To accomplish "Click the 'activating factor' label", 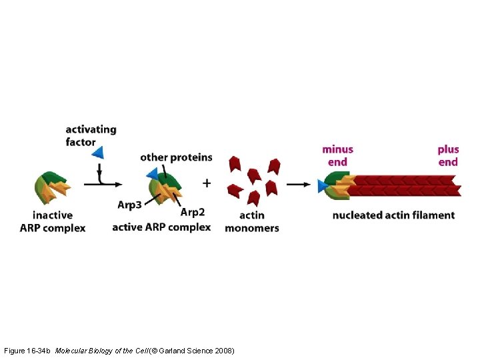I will coord(91,135).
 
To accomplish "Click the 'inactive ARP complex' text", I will coord(53,221).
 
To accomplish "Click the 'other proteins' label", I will coord(176,157).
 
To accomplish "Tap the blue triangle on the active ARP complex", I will coord(152,175).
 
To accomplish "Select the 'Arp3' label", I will coord(129,205).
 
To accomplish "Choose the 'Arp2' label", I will coord(193,212).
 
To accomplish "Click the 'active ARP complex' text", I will coord(161,227).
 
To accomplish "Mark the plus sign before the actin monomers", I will coord(207,183).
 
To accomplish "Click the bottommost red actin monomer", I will coord(253,198).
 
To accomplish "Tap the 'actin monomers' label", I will coord(251,221).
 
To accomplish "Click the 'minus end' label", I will coord(337,155).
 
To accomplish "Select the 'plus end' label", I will coord(448,155).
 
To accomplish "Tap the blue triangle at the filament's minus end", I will coord(323,186).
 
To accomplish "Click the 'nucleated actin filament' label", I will coord(393,215).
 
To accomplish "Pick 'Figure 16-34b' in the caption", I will coord(27,350).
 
